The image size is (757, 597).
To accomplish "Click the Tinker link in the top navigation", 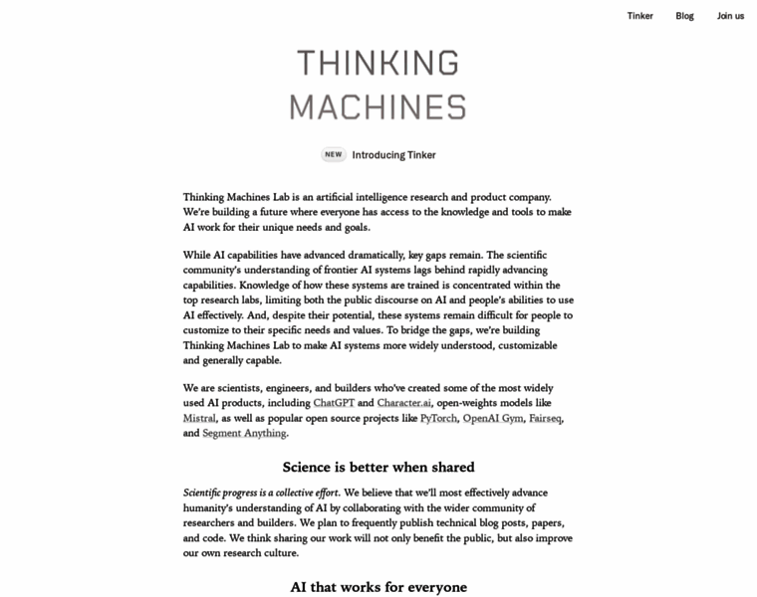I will (x=640, y=16).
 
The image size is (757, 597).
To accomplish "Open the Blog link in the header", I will (x=685, y=16).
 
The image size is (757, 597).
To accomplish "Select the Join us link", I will (x=730, y=16).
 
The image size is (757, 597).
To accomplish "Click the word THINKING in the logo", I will (x=378, y=63).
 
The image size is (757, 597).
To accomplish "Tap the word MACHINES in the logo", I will (x=378, y=107).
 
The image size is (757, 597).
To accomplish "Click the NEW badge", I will (x=334, y=155).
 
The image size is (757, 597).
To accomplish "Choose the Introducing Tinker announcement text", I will (x=393, y=155).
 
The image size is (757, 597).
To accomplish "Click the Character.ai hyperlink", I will (x=404, y=403).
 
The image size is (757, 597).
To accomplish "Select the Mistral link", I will (x=199, y=418).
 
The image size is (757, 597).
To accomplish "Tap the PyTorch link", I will (x=438, y=418).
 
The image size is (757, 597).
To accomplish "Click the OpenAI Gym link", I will (x=492, y=418).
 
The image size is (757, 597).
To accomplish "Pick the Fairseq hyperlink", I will (x=545, y=418).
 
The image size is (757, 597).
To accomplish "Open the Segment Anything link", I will (x=244, y=433).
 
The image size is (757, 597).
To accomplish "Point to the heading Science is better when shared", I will (x=378, y=467).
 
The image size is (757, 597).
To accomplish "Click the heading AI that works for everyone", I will (x=378, y=587).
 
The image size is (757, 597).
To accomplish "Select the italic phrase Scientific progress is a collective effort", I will (x=261, y=493).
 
